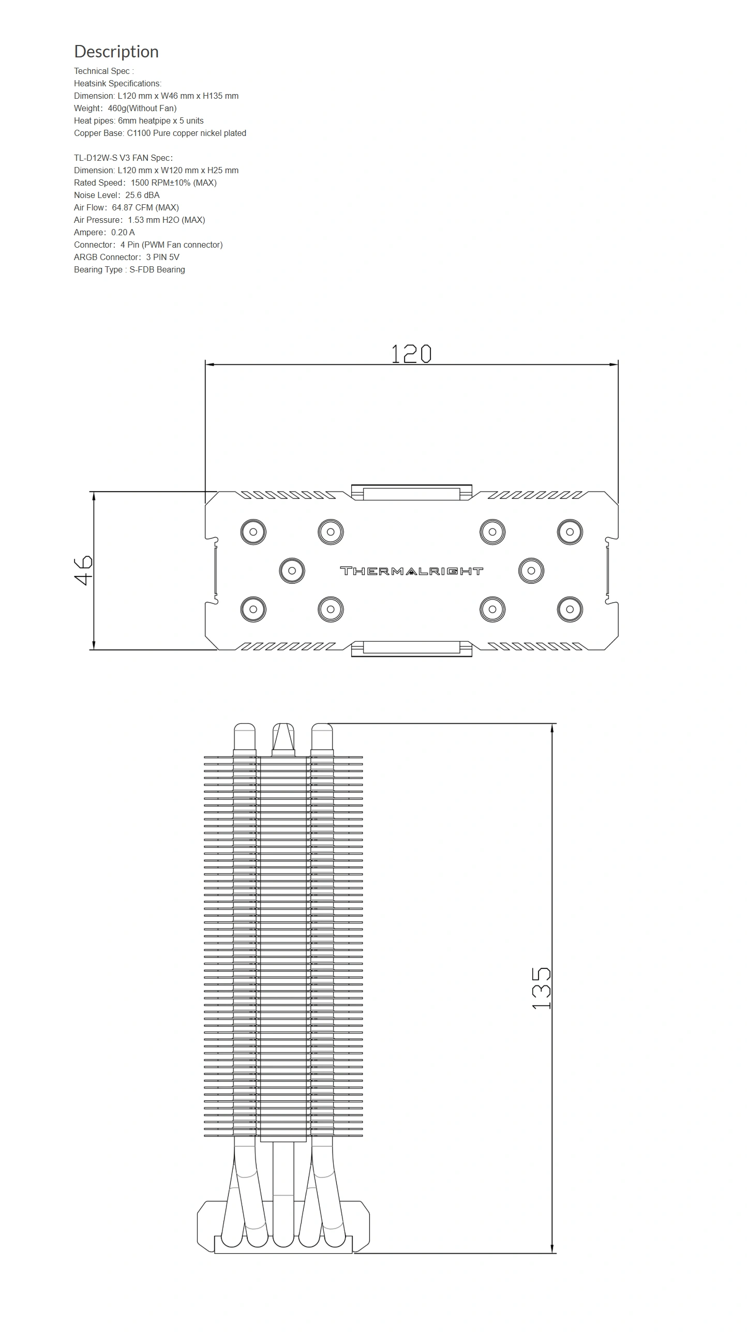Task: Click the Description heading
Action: [x=116, y=51]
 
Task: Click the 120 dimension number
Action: [x=411, y=354]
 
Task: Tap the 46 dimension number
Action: [x=83, y=570]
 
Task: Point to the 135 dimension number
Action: [x=541, y=988]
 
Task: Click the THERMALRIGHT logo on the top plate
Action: [x=411, y=571]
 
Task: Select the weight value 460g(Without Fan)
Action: [x=142, y=109]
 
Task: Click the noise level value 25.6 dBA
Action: [x=142, y=195]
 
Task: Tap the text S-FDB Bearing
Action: [x=157, y=270]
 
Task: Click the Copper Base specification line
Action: [x=160, y=133]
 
